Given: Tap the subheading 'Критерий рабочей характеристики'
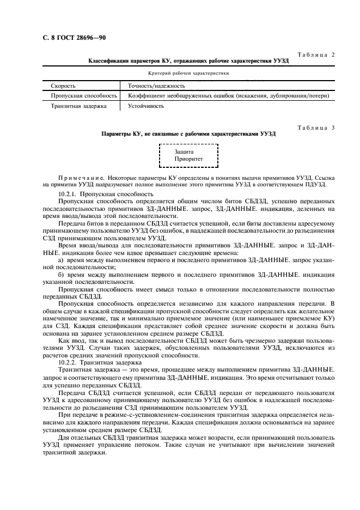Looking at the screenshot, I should click(x=188, y=73).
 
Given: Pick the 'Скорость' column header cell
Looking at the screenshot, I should click(x=63, y=86).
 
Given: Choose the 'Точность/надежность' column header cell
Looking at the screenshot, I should click(x=156, y=86).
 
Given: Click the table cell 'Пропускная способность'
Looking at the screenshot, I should click(x=84, y=95).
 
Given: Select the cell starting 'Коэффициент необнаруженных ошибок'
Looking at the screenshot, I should click(x=228, y=95).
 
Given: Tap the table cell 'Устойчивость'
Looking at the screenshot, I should click(x=146, y=106).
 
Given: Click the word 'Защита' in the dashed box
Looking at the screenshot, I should click(x=184, y=151).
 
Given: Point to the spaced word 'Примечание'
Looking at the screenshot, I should click(x=81, y=178).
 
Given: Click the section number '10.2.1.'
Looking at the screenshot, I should click(x=69, y=193).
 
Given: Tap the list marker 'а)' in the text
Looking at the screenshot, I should click(x=60, y=260).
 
